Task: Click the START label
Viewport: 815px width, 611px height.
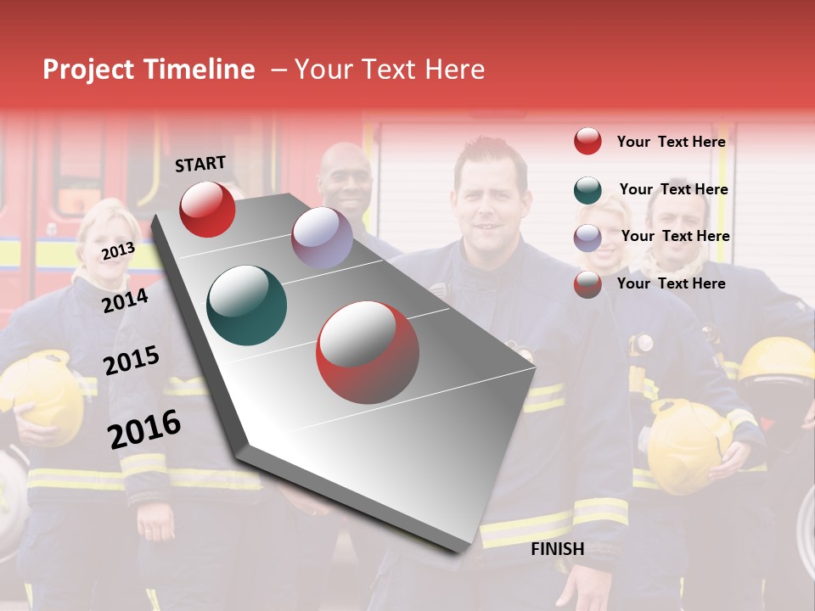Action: point(200,164)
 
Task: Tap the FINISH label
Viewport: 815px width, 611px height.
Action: point(557,549)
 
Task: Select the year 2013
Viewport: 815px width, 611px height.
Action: point(118,250)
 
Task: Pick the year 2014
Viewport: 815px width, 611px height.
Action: point(125,300)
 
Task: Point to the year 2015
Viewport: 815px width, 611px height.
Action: point(132,362)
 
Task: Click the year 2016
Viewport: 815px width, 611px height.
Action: point(144,429)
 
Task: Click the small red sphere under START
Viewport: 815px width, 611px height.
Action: point(207,209)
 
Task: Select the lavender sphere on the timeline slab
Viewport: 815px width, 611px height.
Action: point(322,238)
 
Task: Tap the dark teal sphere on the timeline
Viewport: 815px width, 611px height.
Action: point(247,305)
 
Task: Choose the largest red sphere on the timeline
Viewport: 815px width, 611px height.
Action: point(368,352)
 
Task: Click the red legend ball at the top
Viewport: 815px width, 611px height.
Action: point(587,142)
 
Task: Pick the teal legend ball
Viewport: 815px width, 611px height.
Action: point(587,190)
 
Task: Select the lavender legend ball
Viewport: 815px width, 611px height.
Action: point(587,238)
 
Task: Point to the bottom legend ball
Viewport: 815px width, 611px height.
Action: point(587,284)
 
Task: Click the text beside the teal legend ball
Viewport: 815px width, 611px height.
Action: point(673,189)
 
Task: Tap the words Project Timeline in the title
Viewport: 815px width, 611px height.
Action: point(149,70)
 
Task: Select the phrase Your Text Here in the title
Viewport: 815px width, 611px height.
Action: point(390,70)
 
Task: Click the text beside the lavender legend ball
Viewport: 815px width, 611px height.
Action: point(675,236)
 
